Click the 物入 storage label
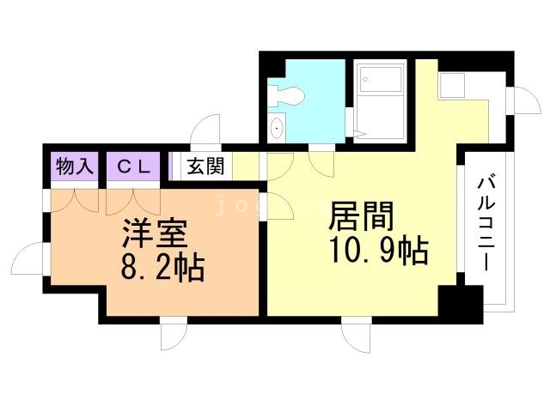coord(74,167)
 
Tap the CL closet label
coord(133,167)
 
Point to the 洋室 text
coord(154,233)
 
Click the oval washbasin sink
coord(278,130)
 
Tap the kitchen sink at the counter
coord(451,85)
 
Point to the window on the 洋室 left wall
coord(32,257)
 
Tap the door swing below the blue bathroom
coord(321,160)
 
